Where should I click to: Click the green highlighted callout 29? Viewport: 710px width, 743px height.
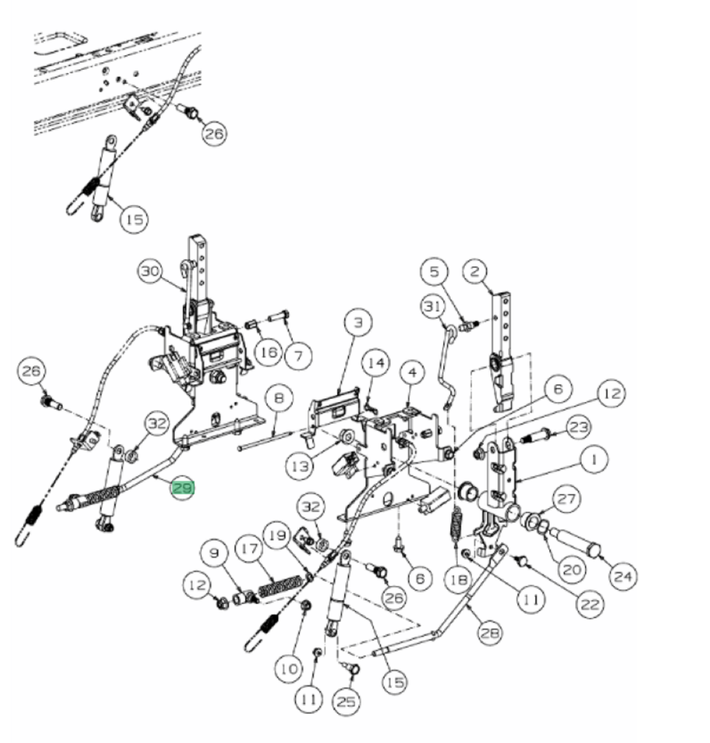click(x=183, y=488)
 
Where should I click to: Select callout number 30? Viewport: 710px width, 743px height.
click(x=150, y=271)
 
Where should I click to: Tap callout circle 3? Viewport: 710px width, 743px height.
click(x=358, y=322)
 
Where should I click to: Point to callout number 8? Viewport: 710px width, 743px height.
click(x=279, y=398)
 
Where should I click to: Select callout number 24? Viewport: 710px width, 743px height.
click(x=623, y=576)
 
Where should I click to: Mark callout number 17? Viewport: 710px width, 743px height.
click(x=249, y=549)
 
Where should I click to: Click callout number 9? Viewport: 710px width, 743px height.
click(x=214, y=553)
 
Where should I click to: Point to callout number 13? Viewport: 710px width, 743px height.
click(x=300, y=466)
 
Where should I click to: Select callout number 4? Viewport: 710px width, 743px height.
click(x=412, y=373)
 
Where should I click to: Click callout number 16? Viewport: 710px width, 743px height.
click(x=269, y=352)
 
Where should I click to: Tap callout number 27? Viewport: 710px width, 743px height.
click(x=566, y=499)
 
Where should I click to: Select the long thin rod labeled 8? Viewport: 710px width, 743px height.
click(x=265, y=441)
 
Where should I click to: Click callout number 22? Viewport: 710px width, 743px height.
click(x=590, y=605)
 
